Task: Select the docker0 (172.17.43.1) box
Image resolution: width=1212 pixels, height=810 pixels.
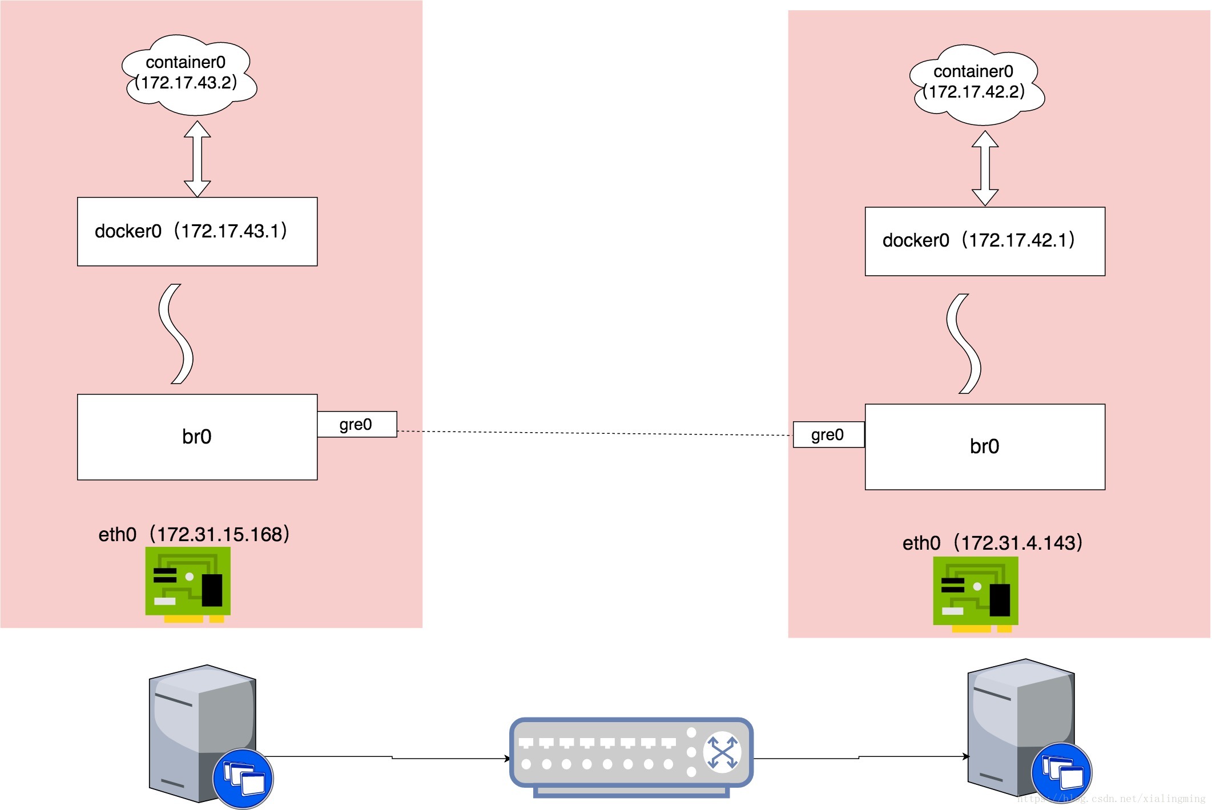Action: coord(197,231)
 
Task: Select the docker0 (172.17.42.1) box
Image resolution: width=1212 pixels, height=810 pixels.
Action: coord(985,241)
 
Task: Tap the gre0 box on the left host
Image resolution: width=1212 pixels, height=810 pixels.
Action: coord(357,424)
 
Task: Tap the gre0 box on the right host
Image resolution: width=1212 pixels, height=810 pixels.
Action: coord(828,434)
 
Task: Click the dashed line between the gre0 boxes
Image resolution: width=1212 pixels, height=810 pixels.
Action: coord(594,433)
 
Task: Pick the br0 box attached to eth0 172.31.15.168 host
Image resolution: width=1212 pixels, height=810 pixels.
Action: coord(197,437)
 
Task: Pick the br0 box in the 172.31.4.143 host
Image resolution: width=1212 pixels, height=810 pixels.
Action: coord(985,446)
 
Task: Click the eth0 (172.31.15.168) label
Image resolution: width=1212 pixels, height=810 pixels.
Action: coord(194,534)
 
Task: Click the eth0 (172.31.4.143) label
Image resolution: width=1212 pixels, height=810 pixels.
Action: coord(992,542)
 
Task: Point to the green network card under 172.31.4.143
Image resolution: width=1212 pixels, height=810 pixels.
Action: coord(976,593)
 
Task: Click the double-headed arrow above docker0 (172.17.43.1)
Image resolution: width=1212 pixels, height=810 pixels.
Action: coord(198,159)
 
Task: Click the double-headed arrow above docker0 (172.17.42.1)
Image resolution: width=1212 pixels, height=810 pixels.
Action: coord(985,168)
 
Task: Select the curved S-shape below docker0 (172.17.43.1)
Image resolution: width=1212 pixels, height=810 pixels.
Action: coord(176,334)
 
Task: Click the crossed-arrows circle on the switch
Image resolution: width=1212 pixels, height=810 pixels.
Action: coord(722,752)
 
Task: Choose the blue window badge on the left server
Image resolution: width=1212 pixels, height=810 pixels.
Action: coord(243,778)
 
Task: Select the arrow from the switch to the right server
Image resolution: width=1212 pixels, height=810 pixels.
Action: coord(859,757)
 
